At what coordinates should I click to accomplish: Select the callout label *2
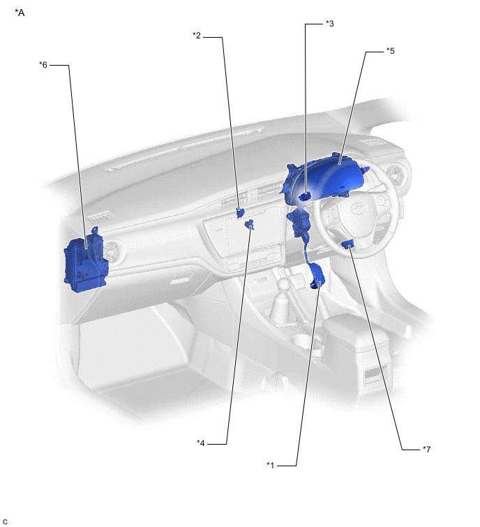point(197,36)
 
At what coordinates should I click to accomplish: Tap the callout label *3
point(329,23)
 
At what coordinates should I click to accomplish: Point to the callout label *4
point(201,443)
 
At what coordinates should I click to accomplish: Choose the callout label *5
point(390,51)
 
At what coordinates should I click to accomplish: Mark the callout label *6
point(43,65)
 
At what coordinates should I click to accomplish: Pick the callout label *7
point(426,449)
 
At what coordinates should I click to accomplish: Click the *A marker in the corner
point(20,13)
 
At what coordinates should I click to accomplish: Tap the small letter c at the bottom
point(5,521)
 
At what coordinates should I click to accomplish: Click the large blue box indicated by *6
point(85,262)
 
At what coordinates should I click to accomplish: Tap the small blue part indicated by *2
point(240,211)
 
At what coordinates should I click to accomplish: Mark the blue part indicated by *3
point(306,198)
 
